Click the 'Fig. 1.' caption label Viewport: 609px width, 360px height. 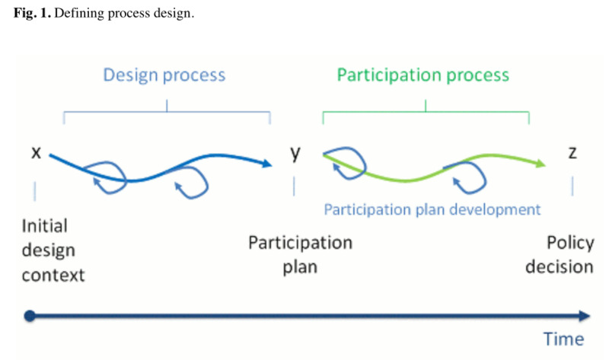click(29, 14)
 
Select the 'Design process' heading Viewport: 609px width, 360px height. click(164, 75)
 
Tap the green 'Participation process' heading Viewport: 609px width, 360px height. click(423, 75)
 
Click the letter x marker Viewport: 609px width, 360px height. click(35, 153)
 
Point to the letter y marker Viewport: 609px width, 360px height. click(295, 153)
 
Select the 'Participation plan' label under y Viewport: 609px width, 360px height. click(300, 255)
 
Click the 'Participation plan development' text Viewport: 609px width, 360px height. click(432, 209)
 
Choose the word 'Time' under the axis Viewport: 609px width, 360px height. click(563, 339)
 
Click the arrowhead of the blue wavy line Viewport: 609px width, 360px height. click(266, 163)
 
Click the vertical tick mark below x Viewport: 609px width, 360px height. click(35, 189)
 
